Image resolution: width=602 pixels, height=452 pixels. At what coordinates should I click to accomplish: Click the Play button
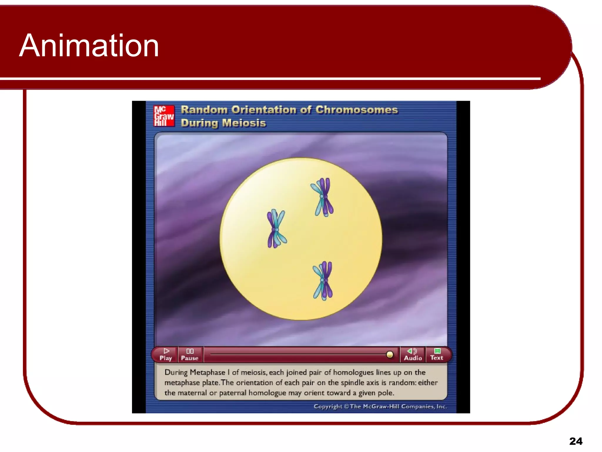point(166,354)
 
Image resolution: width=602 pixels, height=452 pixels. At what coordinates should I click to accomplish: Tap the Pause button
point(190,354)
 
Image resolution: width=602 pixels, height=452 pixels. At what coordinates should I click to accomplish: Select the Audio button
point(413,354)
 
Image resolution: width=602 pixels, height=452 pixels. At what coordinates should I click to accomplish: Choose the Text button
point(437,354)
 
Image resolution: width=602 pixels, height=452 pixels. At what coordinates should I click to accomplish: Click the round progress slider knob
point(390,355)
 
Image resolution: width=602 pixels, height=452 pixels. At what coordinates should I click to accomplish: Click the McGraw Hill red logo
point(164,116)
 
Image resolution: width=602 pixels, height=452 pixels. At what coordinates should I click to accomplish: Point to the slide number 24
point(576,441)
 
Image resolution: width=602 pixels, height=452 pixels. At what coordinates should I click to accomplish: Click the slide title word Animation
point(89,46)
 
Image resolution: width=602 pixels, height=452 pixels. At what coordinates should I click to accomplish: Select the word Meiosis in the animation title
point(244,123)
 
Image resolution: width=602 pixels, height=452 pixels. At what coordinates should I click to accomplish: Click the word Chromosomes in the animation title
point(357,110)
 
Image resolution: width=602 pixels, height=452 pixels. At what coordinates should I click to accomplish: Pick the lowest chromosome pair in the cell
point(323,280)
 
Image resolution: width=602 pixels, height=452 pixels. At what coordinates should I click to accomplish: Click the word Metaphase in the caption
point(207,373)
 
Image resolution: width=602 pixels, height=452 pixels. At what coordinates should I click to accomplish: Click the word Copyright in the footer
point(328,406)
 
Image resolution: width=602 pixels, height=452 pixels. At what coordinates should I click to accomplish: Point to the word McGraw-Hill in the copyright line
point(381,406)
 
